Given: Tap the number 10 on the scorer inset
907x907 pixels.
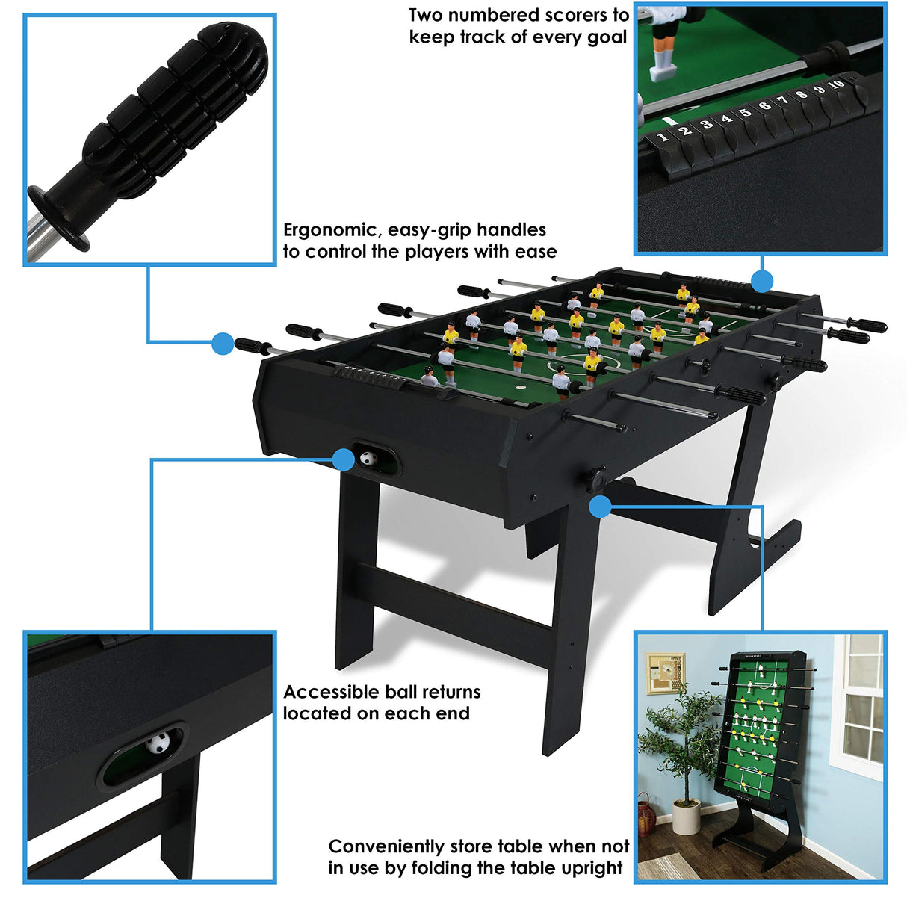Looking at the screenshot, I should [x=836, y=84].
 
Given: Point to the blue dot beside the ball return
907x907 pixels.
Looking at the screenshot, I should [x=343, y=459].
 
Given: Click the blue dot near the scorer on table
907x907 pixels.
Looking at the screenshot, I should [x=761, y=282].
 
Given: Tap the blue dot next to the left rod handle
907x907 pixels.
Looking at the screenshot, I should [x=223, y=344].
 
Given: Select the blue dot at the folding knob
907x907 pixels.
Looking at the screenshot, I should [x=600, y=507].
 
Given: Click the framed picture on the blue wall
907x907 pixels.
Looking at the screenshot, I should [x=664, y=673].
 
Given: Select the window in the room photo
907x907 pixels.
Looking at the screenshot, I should [x=858, y=706].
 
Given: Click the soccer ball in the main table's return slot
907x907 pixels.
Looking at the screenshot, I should [x=367, y=459].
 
